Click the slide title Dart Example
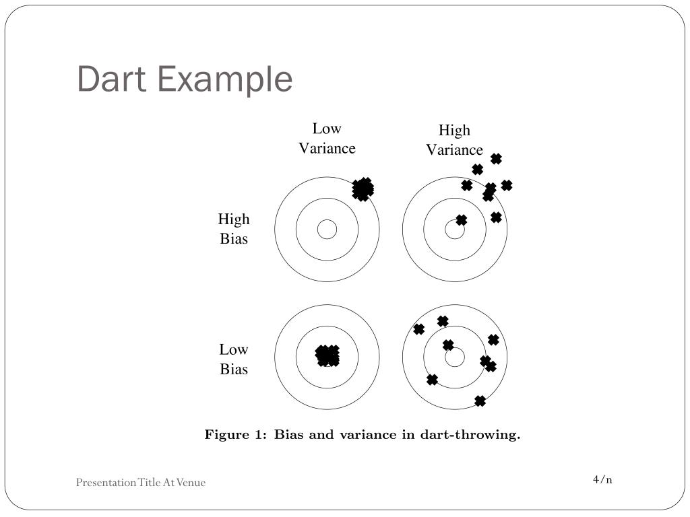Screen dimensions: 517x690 [x=185, y=79]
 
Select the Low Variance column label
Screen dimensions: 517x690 [x=327, y=139]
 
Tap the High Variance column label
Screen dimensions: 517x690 [x=454, y=140]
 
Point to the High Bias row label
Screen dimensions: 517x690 [x=234, y=229]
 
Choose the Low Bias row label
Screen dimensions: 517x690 [x=234, y=359]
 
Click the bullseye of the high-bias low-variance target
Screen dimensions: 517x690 [x=327, y=230]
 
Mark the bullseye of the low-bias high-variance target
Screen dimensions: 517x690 [x=455, y=357]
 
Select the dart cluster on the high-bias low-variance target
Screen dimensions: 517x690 [x=363, y=188]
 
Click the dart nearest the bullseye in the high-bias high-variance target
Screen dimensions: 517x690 [x=461, y=220]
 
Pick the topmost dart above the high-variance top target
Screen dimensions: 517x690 [x=496, y=159]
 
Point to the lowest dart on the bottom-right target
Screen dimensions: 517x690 [x=480, y=401]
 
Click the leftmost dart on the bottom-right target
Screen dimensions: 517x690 [x=418, y=329]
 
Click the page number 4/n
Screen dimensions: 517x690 [x=602, y=479]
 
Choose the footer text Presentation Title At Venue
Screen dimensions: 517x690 [x=140, y=482]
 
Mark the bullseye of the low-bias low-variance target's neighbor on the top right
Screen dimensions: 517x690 [x=455, y=230]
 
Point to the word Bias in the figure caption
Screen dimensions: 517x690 [x=289, y=435]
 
